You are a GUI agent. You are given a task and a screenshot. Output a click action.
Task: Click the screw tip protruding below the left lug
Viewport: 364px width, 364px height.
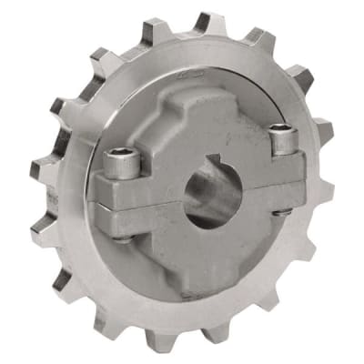point(125,238)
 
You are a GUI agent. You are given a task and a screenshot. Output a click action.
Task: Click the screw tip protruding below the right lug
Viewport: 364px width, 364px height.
point(283,211)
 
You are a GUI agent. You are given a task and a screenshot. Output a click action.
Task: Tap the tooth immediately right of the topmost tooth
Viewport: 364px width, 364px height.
point(262,41)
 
